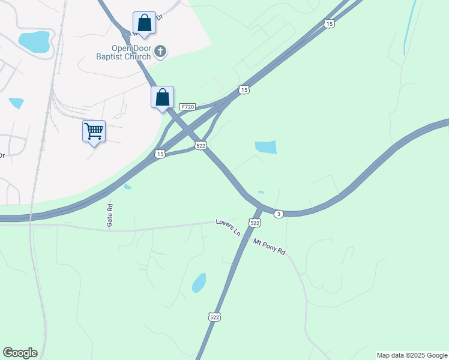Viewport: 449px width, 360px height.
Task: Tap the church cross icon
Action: pyautogui.click(x=160, y=52)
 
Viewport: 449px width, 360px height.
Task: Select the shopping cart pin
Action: pyautogui.click(x=94, y=131)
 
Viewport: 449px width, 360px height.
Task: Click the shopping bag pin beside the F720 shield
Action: pyautogui.click(x=162, y=97)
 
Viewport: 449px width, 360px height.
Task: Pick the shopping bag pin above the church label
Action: pyautogui.click(x=144, y=23)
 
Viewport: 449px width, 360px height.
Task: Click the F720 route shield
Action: pyautogui.click(x=187, y=107)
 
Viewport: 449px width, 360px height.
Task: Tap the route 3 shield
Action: pyautogui.click(x=278, y=214)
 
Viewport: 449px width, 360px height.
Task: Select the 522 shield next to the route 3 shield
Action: pyautogui.click(x=255, y=223)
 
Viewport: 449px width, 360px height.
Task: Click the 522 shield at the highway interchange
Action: pyautogui.click(x=201, y=145)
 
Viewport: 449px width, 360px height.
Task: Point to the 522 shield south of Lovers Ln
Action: pyautogui.click(x=214, y=316)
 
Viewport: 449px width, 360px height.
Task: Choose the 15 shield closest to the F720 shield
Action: pyautogui.click(x=243, y=89)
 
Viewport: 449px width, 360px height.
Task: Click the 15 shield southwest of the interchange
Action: pyautogui.click(x=160, y=154)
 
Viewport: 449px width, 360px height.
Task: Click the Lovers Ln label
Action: pyautogui.click(x=228, y=227)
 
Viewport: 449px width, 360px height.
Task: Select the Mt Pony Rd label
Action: pyautogui.click(x=269, y=245)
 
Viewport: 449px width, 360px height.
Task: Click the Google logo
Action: pyautogui.click(x=20, y=353)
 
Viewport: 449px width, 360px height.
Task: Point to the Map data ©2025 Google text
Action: pyautogui.click(x=412, y=355)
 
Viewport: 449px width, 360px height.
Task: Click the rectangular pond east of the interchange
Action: pyautogui.click(x=265, y=147)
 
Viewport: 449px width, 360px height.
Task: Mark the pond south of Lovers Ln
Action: pyautogui.click(x=199, y=283)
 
